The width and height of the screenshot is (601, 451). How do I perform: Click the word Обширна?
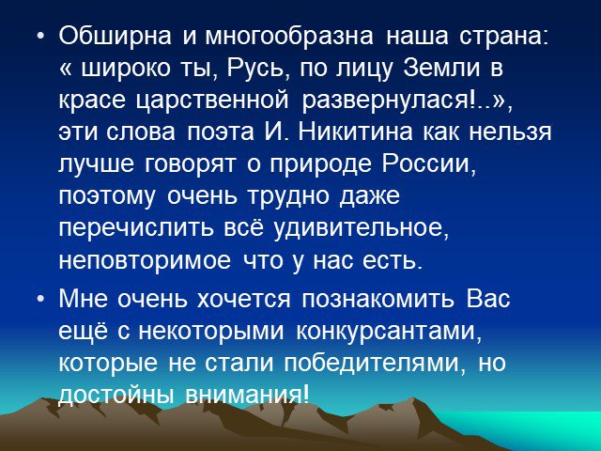[x=115, y=38]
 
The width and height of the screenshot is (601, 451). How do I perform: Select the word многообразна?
[x=289, y=38]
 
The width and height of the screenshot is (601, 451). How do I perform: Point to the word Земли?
[x=441, y=69]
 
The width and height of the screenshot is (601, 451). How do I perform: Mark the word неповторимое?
[x=145, y=261]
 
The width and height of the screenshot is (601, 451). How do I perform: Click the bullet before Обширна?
[x=41, y=38]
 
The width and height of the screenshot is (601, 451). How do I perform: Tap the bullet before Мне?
[x=41, y=300]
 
